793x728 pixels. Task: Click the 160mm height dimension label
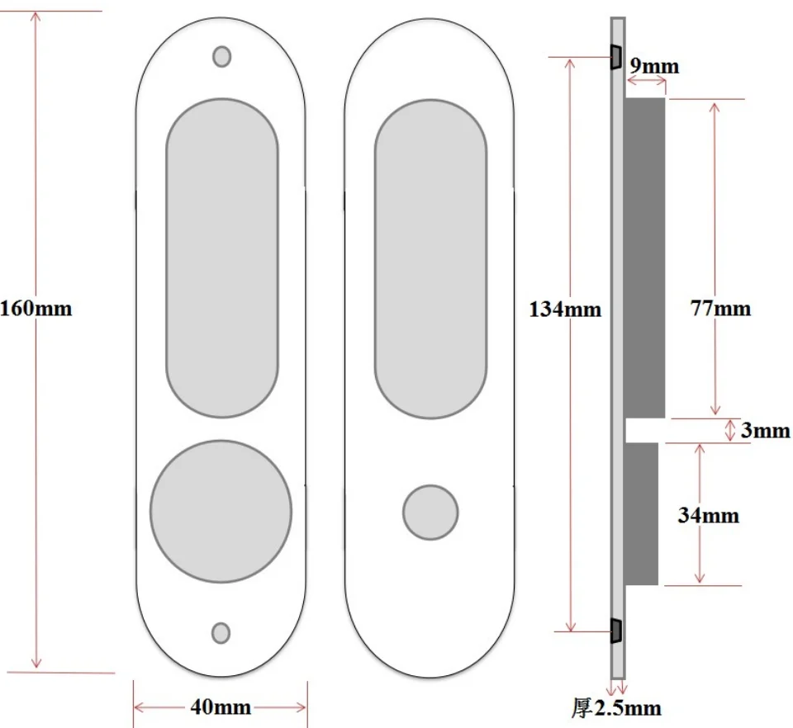[36, 310]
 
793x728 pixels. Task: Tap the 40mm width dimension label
[221, 707]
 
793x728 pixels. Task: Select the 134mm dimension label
[566, 310]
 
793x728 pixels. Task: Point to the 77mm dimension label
[721, 309]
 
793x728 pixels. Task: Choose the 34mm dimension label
[708, 516]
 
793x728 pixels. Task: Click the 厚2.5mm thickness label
[616, 708]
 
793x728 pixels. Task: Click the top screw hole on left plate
[221, 56]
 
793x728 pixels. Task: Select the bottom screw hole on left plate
[221, 632]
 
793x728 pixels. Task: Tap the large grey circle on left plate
[221, 511]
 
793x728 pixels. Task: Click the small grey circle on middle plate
[430, 512]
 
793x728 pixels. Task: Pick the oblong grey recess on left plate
[221, 258]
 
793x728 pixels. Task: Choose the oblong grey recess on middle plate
[430, 258]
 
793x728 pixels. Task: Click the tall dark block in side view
[645, 258]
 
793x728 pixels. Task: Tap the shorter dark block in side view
[642, 513]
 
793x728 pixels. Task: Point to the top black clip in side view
[615, 57]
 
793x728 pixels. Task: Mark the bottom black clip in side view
[615, 631]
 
